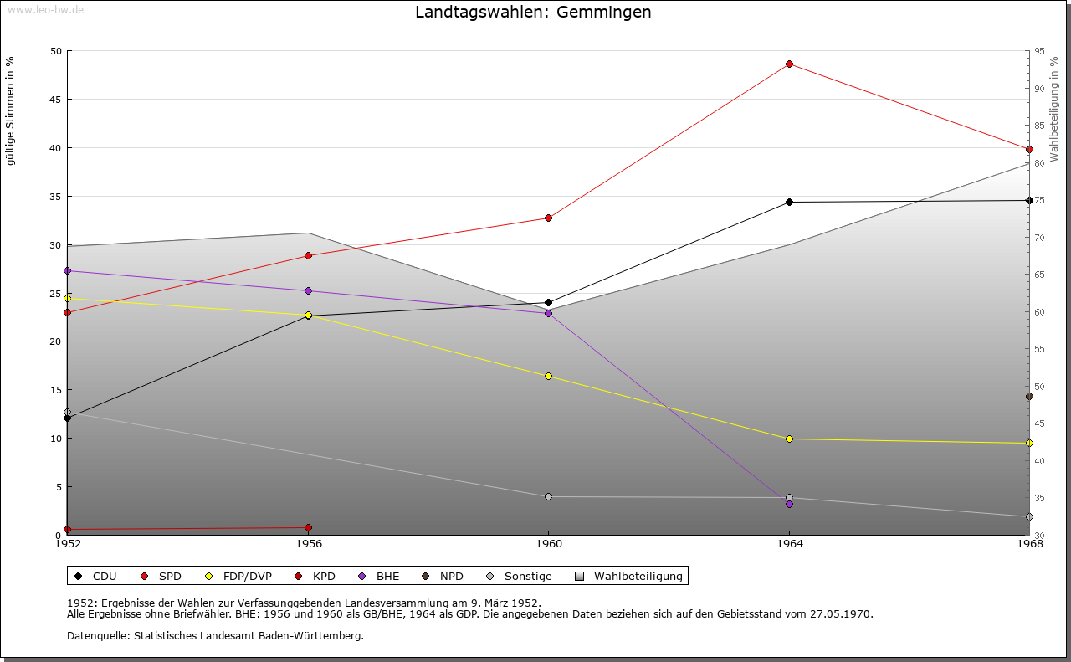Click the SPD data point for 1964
coord(789,64)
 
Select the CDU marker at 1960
coord(548,302)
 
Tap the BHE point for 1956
coord(309,290)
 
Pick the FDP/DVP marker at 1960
coord(548,377)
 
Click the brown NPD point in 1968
coord(1029,397)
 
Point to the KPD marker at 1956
coord(309,527)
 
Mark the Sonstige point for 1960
coord(548,497)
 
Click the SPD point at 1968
coord(1029,150)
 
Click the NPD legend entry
coord(443,576)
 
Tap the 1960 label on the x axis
coord(549,544)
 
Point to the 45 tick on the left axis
coord(56,100)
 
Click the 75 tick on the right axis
coord(1039,200)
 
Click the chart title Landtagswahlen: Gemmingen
coord(533,12)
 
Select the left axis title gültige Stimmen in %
coord(10,111)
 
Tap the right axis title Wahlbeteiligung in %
coord(1053,110)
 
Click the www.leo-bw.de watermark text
coord(46,9)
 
